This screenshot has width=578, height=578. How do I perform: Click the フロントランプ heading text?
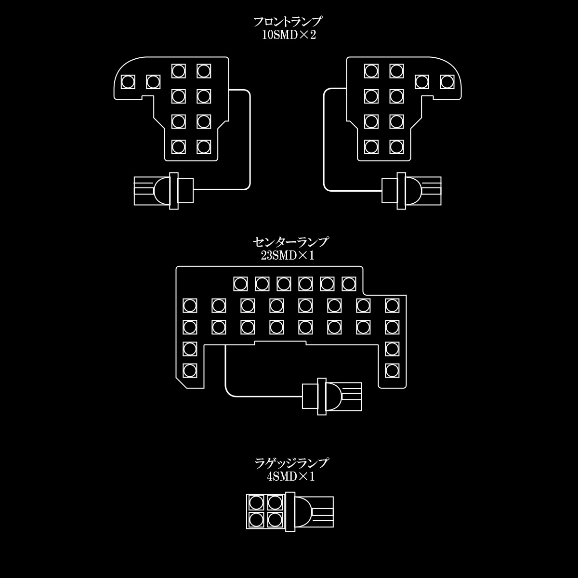coord(288,22)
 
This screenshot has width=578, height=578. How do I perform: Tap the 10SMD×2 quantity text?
coord(289,35)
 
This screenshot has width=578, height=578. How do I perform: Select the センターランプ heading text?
coord(290,242)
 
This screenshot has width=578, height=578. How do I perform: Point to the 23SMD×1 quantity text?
coord(288,255)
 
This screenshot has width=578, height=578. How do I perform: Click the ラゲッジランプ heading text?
coord(291,463)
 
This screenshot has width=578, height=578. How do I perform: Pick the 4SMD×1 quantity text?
coord(290,476)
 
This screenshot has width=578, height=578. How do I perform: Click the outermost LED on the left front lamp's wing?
coord(128,82)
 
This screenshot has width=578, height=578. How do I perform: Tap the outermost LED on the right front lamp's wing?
coord(447,82)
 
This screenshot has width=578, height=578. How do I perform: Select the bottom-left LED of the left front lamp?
coord(179,147)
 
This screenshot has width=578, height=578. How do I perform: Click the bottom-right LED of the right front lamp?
coord(396,147)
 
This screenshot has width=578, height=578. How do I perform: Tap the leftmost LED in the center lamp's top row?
coord(240,284)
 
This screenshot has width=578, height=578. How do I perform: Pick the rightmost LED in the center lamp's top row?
coord(349,284)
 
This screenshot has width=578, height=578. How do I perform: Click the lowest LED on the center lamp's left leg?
coord(190,371)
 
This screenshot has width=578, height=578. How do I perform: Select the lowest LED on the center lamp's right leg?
coord(392,371)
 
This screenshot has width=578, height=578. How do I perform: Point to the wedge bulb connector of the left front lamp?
coord(163,191)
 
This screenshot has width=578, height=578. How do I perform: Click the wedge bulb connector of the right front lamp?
coord(411,191)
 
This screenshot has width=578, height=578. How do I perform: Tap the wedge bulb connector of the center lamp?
coord(332,396)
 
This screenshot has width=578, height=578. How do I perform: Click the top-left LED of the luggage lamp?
coord(256,503)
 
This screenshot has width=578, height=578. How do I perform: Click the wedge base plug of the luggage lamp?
coord(310,512)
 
